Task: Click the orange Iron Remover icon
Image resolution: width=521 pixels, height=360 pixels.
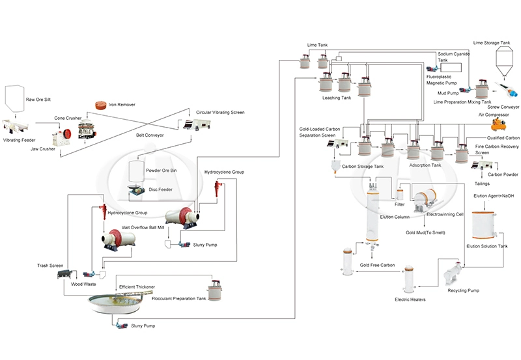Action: [100, 105]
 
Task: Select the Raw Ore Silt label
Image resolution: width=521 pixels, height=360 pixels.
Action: [40, 98]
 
